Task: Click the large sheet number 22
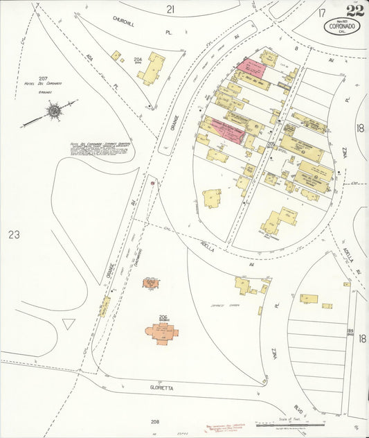pos(355,10)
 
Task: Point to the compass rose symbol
pos(53,110)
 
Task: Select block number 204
pos(138,60)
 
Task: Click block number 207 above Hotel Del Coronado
pos(43,78)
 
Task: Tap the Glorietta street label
pos(161,389)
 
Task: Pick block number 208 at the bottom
pos(154,421)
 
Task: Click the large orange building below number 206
pos(161,333)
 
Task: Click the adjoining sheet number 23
pos(14,234)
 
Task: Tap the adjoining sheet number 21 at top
pos(171,8)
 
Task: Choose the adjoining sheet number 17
pos(321,12)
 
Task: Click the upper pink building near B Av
pos(252,68)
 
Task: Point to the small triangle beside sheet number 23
pos(68,323)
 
